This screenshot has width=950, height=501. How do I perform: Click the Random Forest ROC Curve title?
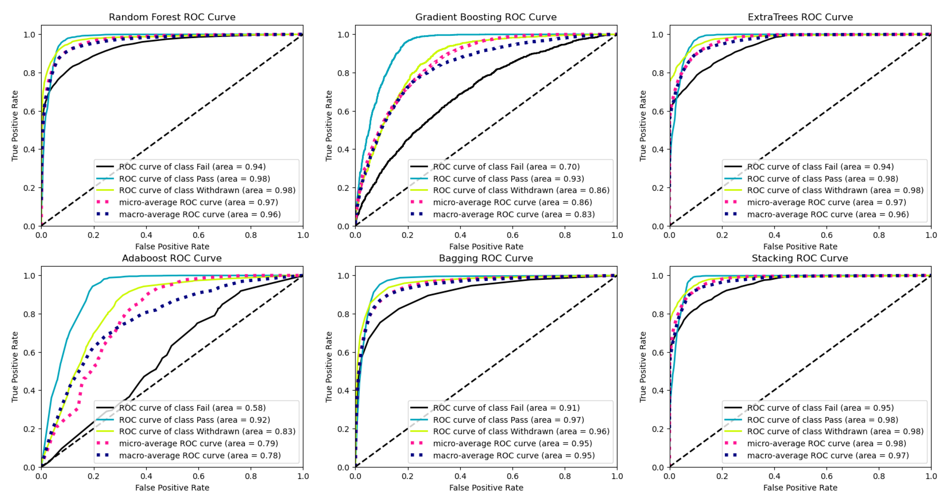[x=172, y=17]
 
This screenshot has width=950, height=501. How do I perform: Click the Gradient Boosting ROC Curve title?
[x=486, y=17]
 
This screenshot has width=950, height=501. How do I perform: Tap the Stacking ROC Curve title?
[x=799, y=258]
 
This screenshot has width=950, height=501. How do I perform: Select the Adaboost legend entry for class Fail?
[x=192, y=408]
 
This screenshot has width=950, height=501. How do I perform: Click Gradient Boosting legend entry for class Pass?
[x=508, y=179]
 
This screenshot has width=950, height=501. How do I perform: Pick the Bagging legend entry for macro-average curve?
[x=513, y=455]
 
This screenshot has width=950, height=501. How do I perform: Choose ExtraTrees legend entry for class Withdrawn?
[x=835, y=190]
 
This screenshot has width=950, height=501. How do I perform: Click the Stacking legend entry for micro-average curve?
[x=826, y=443]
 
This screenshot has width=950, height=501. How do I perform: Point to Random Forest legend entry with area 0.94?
[x=192, y=167]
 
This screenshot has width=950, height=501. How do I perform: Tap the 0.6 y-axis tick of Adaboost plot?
[x=29, y=352]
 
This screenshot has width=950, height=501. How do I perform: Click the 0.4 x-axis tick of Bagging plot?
[x=460, y=476]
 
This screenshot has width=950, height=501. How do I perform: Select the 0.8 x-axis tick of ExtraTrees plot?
[x=879, y=235]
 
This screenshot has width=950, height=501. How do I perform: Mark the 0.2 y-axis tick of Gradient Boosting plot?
[x=343, y=188]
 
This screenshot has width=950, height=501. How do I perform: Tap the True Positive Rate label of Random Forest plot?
[x=15, y=126]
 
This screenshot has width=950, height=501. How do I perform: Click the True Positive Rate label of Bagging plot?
[x=329, y=367]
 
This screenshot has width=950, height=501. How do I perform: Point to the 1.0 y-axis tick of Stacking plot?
[x=658, y=276]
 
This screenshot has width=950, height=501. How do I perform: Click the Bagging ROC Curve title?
[x=486, y=258]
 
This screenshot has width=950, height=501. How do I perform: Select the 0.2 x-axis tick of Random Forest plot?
[x=93, y=235]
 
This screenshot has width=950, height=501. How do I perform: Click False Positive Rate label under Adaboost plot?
[x=172, y=487]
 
